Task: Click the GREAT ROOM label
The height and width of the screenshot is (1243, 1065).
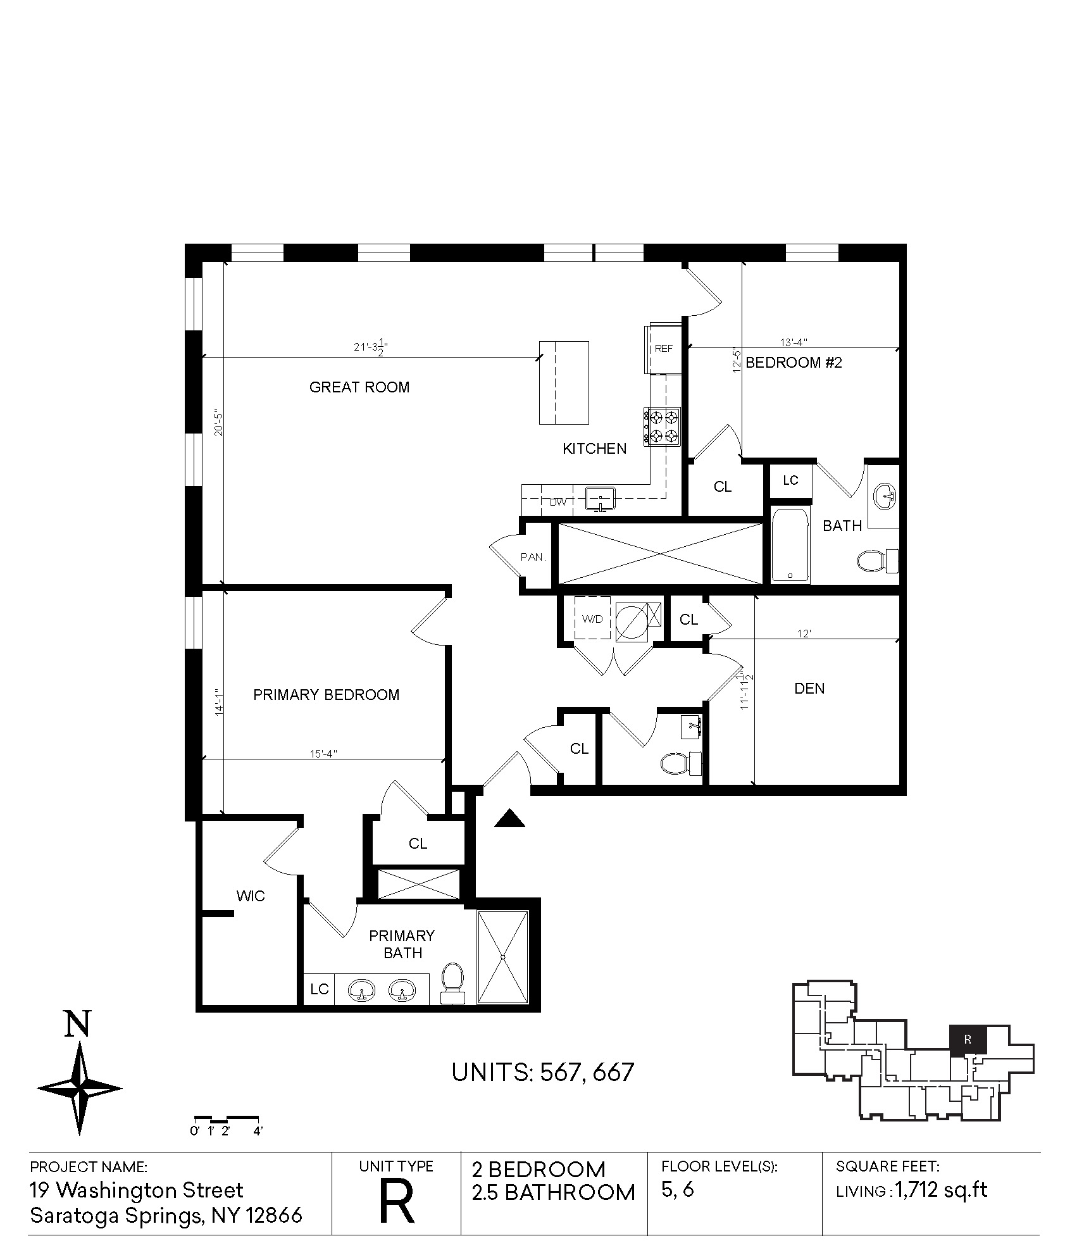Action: click(359, 387)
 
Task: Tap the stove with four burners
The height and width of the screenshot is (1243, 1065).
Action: click(663, 426)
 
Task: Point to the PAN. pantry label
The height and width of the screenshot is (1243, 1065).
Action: click(533, 557)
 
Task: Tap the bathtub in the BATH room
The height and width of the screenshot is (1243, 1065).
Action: click(790, 545)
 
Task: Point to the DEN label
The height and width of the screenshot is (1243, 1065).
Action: click(809, 689)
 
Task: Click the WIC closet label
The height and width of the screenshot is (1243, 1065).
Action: click(251, 896)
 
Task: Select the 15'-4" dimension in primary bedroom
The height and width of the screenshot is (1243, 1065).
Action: click(323, 754)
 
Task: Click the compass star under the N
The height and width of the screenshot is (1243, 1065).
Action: click(80, 1089)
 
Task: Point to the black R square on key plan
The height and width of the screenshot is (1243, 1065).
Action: click(968, 1039)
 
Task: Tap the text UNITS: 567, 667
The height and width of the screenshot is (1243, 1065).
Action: click(543, 1072)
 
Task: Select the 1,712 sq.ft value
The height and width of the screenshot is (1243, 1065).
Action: click(942, 1190)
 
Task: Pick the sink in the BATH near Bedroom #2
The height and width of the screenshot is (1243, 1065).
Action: click(884, 496)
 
